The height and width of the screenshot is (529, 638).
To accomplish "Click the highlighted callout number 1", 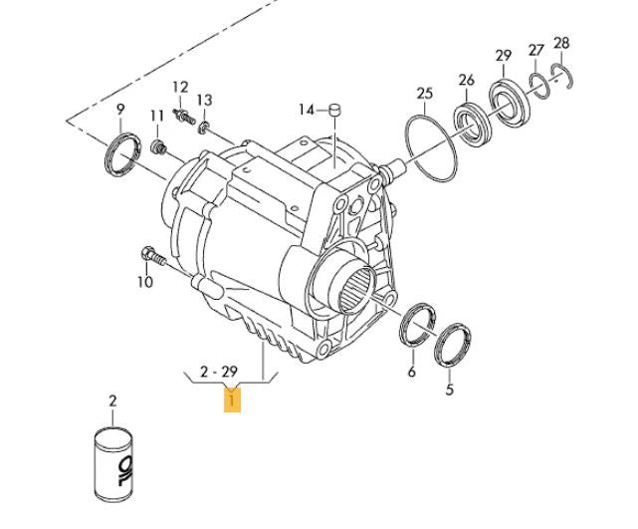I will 231,401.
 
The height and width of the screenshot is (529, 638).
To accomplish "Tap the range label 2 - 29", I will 218,372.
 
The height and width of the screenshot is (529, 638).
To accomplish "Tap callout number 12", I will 180,87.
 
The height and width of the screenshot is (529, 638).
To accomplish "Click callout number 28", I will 561,42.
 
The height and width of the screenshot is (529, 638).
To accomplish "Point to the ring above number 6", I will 417,325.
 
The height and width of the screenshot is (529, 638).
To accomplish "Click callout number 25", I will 425,95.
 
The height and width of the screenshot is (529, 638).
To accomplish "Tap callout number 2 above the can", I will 112,401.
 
